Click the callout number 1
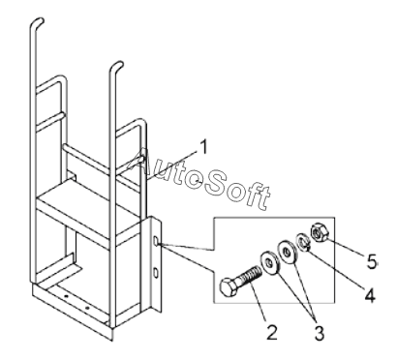pyautogui.click(x=203, y=147)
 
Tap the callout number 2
pyautogui.click(x=272, y=332)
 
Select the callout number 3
pyautogui.click(x=320, y=333)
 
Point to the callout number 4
pyautogui.click(x=370, y=295)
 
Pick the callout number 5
pyautogui.click(x=372, y=261)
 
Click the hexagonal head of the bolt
pyautogui.click(x=229, y=287)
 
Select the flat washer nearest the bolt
pyautogui.click(x=270, y=263)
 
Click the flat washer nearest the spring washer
pyautogui.click(x=287, y=252)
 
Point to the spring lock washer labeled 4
pyautogui.click(x=303, y=243)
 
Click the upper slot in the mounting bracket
pyautogui.click(x=156, y=240)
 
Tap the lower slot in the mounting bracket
pyautogui.click(x=156, y=272)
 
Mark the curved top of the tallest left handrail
pyautogui.click(x=38, y=23)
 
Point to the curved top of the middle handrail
pyautogui.click(x=116, y=67)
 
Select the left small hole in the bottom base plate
pyautogui.click(x=66, y=295)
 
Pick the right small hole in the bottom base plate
pyautogui.click(x=87, y=308)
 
